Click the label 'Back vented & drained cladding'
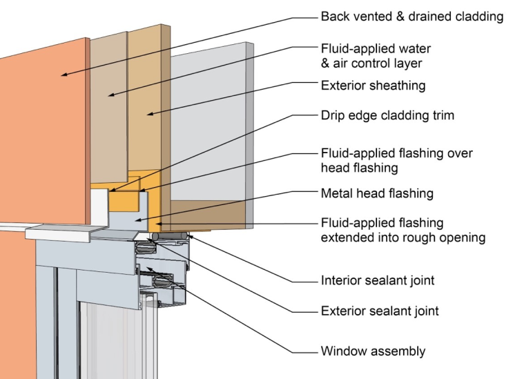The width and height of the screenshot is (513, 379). tap(412, 16)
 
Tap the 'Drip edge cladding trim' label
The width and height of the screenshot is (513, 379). tap(387, 115)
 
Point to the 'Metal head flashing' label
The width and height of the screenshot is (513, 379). tap(377, 193)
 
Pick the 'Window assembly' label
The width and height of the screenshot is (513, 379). tap(373, 351)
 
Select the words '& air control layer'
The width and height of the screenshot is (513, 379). tap(373, 64)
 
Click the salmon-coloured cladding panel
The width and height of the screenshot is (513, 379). tap(41, 138)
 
